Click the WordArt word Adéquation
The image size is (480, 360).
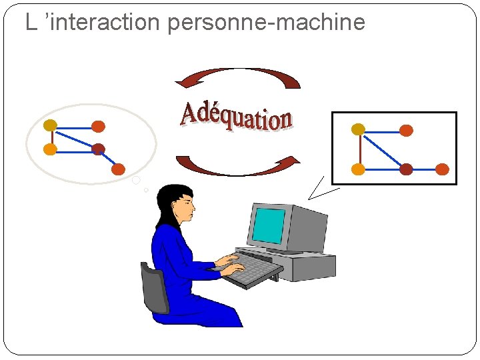236,117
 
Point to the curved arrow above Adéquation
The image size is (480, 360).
238,75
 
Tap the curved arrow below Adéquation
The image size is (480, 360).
238,167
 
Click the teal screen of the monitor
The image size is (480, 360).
269,225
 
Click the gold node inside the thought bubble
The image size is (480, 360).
50,125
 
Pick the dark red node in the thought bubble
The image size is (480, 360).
99,149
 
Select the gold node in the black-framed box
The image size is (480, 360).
358,129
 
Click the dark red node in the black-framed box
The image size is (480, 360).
406,169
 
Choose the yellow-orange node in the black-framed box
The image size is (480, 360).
358,169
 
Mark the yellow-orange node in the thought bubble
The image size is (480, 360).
50,149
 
